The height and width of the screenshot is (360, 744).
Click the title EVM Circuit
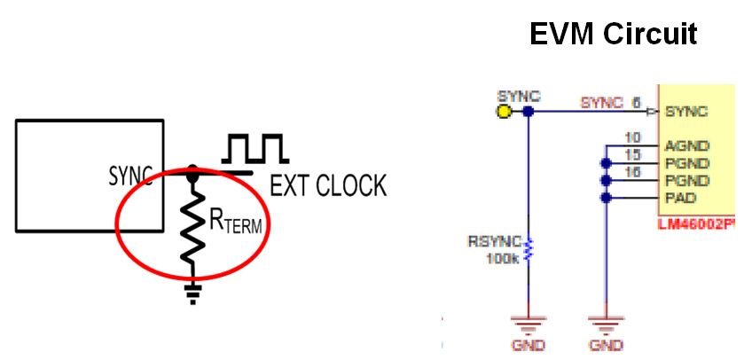(x=613, y=34)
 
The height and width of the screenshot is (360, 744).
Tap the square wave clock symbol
(x=255, y=149)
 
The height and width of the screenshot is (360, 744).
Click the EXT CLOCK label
(x=328, y=185)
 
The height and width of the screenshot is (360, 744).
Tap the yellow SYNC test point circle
(x=505, y=112)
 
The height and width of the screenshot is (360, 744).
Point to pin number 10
(x=632, y=137)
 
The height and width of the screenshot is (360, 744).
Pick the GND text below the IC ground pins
(x=607, y=344)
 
